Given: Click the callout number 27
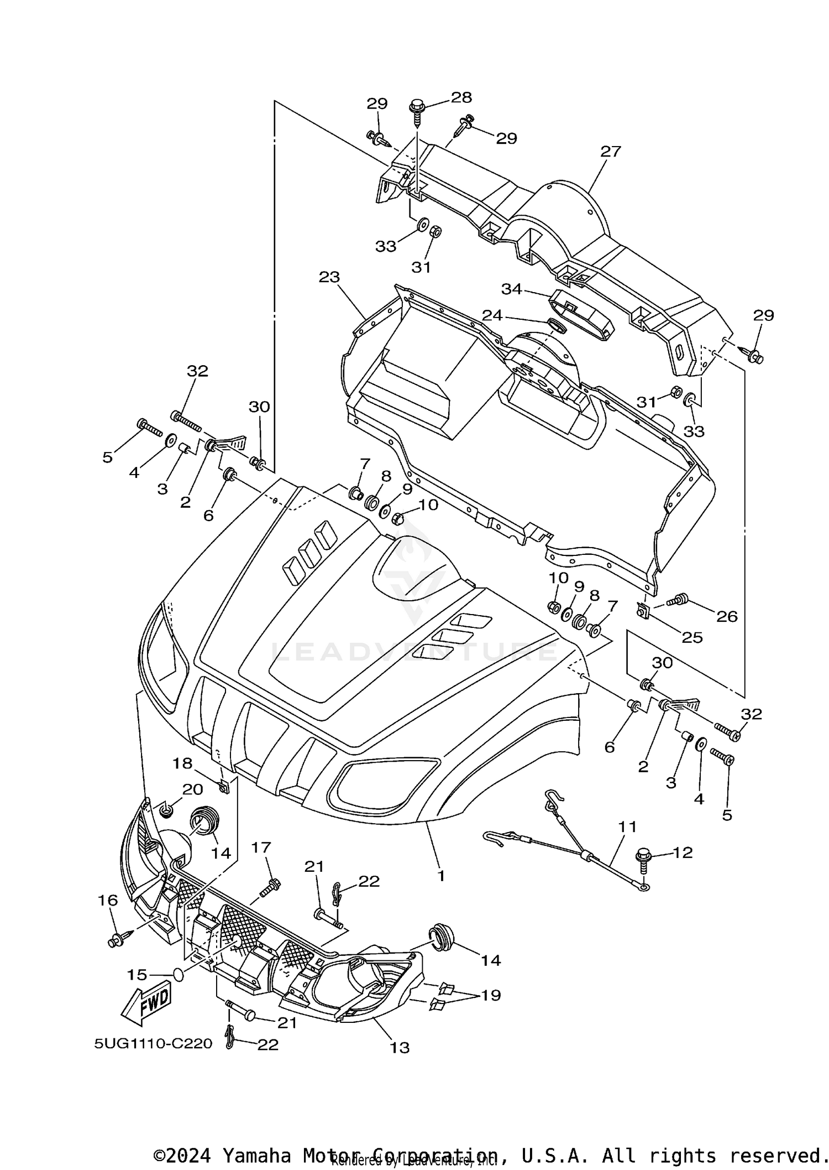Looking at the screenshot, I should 611,151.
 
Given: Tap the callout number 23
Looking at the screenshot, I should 329,277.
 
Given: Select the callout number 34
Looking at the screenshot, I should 511,289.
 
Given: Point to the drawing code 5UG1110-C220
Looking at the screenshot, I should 153,1043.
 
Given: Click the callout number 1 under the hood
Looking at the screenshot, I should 440,876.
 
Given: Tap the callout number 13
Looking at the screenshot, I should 400,1047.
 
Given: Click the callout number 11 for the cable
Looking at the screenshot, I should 627,827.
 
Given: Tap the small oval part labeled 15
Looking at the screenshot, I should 177,974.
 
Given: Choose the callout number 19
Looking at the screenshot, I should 491,995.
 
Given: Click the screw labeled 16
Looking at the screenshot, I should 118,940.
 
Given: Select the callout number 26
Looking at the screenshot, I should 727,616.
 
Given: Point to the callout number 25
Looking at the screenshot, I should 691,637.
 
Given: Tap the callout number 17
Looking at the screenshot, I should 261,847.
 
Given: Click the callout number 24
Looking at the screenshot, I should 492,315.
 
